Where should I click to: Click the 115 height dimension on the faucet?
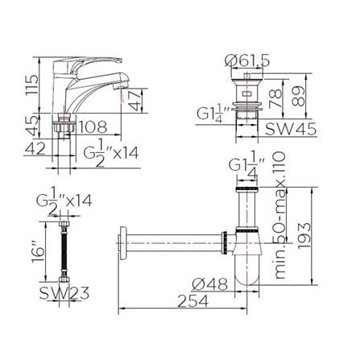tap(31, 85)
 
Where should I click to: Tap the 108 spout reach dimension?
tap(93, 127)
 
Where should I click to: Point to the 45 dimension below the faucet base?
tap(31, 126)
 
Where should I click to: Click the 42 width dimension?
tap(35, 148)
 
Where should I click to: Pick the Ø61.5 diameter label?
tap(247, 61)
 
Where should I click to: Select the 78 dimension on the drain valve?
tap(275, 98)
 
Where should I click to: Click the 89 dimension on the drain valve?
tap(299, 96)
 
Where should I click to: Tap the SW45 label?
tap(291, 130)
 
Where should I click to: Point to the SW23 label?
tap(64, 293)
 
